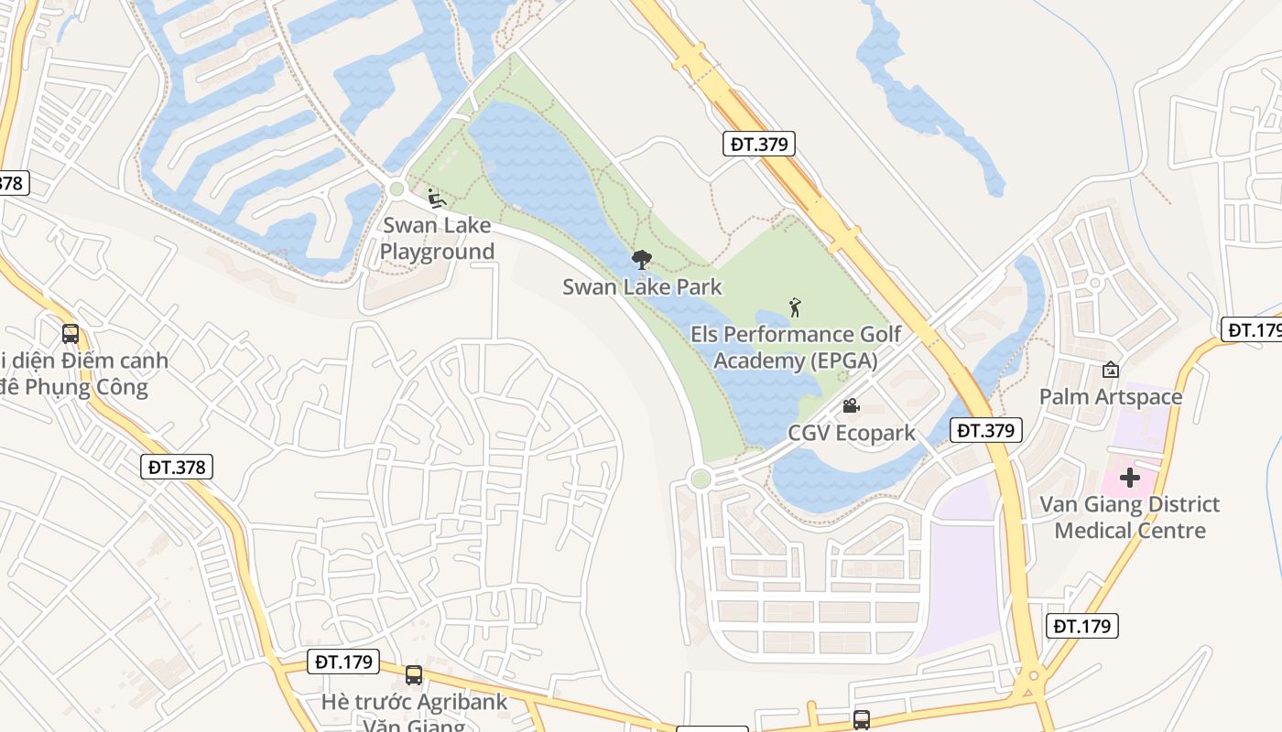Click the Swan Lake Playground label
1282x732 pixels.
pyautogui.click(x=437, y=238)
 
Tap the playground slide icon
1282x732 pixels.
pyautogui.click(x=436, y=199)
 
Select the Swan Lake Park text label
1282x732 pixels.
pyautogui.click(x=642, y=286)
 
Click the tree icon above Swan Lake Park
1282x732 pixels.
pyautogui.click(x=642, y=261)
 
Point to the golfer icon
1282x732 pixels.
pyautogui.click(x=795, y=307)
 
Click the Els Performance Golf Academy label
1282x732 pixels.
pyautogui.click(x=795, y=348)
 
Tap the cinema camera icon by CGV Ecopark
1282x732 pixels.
pyautogui.click(x=851, y=405)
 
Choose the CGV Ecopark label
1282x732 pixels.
pyautogui.click(x=852, y=432)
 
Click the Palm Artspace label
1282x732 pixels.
pyautogui.click(x=1110, y=396)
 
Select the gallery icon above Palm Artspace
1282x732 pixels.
pyautogui.click(x=1111, y=370)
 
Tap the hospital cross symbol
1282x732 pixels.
pyautogui.click(x=1130, y=478)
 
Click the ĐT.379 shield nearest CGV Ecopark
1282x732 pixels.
pyautogui.click(x=985, y=430)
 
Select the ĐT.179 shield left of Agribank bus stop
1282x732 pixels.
pyautogui.click(x=343, y=661)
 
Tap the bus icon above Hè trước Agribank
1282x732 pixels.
pyautogui.click(x=414, y=675)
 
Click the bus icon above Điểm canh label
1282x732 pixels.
pyautogui.click(x=71, y=334)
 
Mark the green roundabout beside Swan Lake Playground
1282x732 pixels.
pyautogui.click(x=397, y=189)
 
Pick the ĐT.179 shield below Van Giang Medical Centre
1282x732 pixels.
pyautogui.click(x=1082, y=626)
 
